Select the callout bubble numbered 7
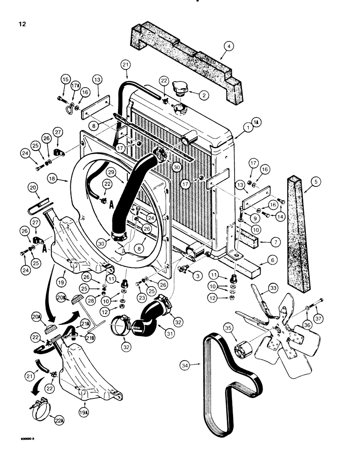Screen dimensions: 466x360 pos(269,242)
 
